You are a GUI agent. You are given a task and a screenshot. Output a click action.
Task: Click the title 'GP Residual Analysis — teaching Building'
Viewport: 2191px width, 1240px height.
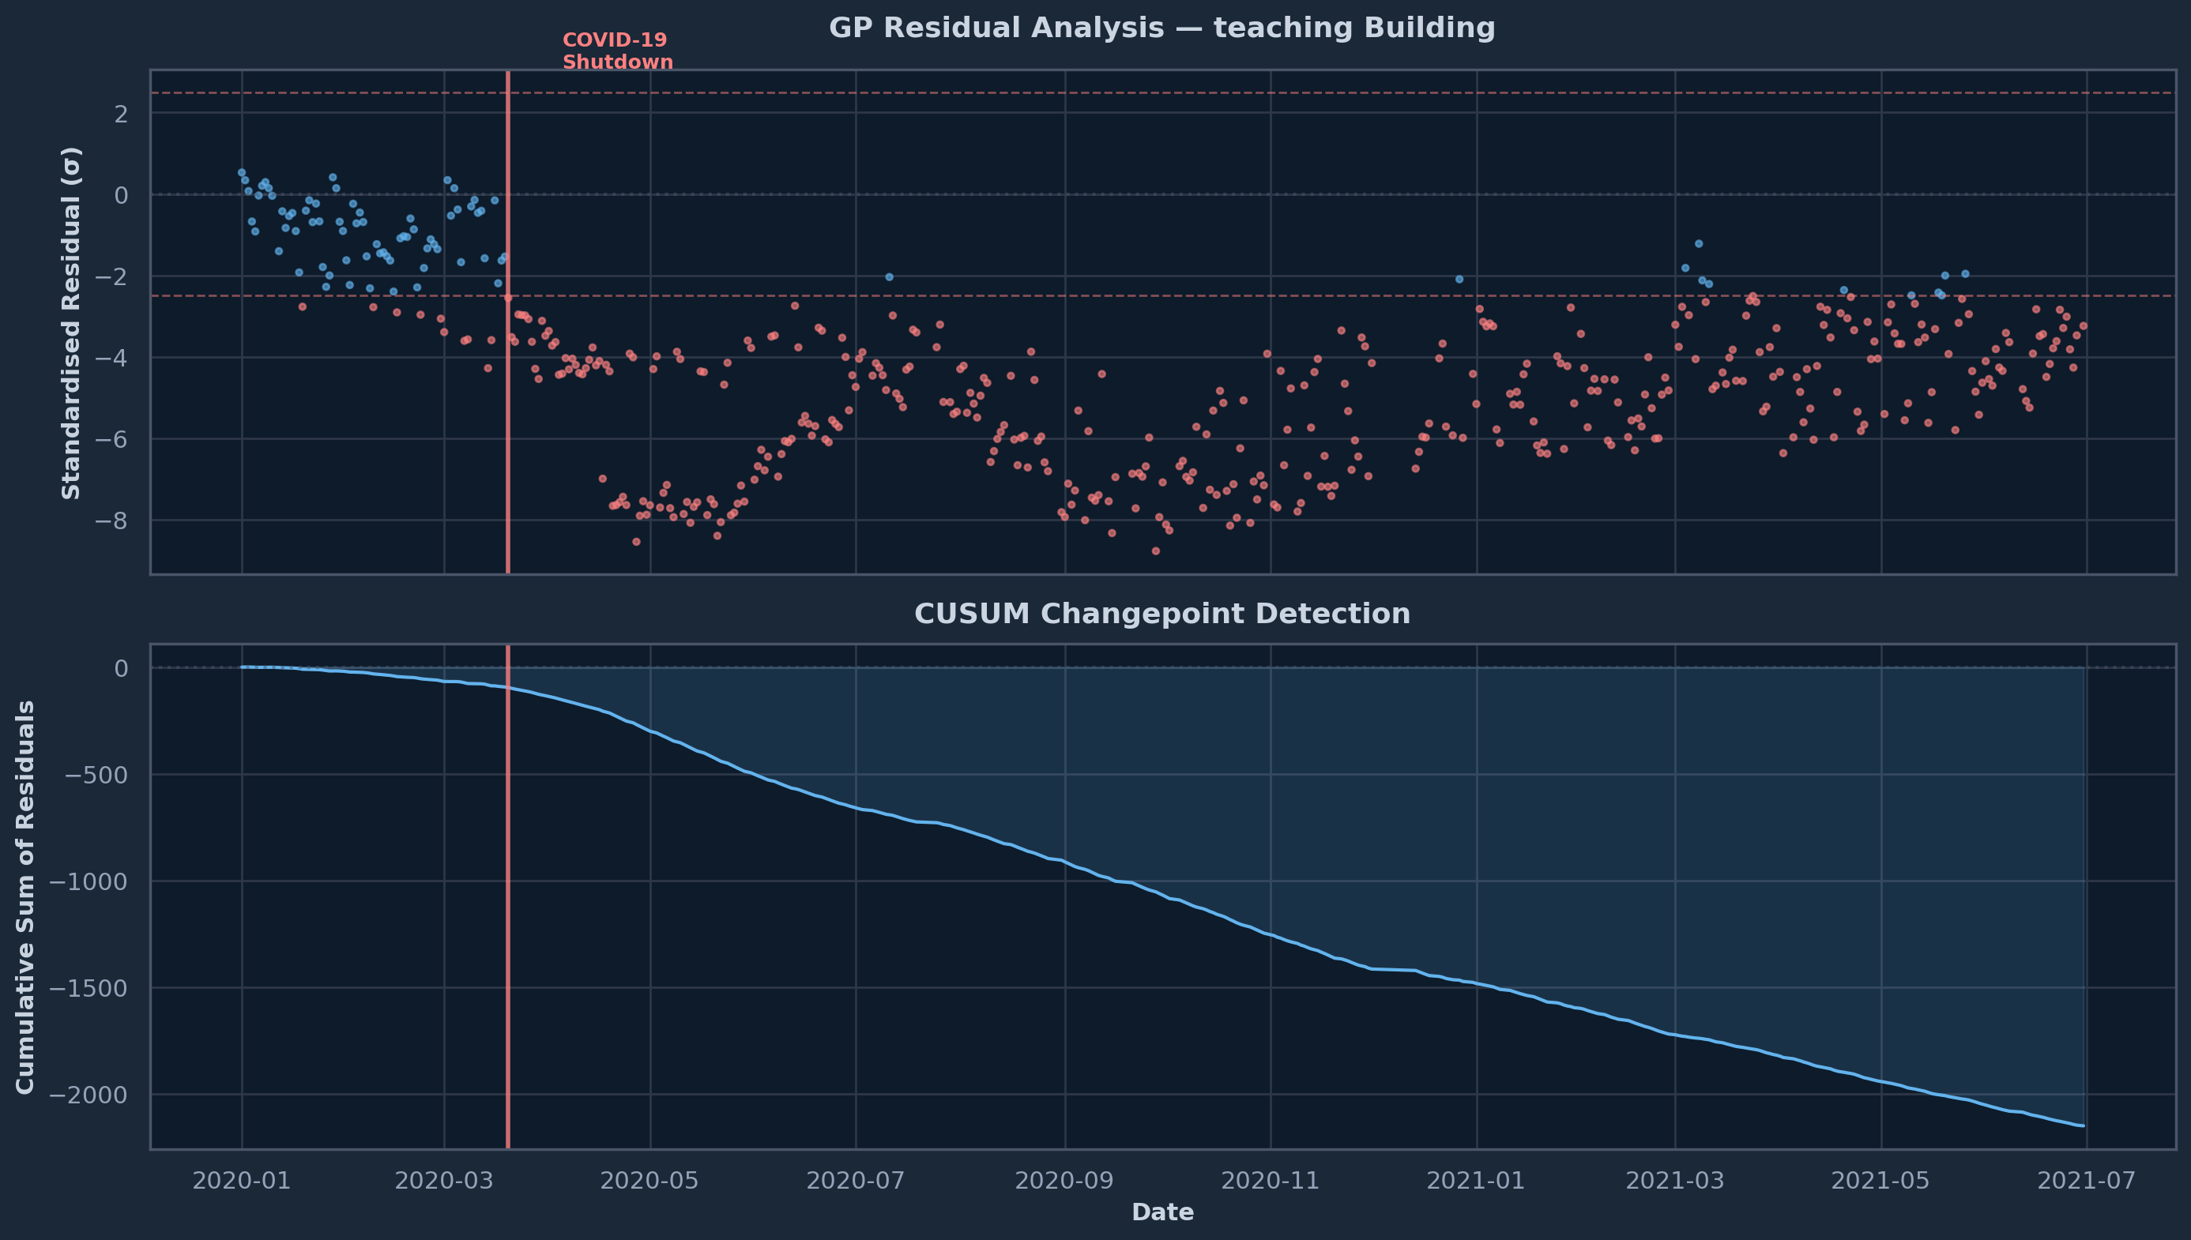(x=1162, y=28)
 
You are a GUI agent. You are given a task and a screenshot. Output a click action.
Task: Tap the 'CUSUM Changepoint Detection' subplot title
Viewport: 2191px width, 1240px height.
(x=1162, y=614)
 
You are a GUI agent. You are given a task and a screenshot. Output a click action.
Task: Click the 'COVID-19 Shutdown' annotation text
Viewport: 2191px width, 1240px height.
(x=618, y=51)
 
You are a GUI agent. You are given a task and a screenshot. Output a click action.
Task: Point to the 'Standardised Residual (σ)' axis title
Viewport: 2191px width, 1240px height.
(x=73, y=323)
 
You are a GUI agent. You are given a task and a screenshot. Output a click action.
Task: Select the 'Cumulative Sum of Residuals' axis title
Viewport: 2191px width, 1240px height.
(x=25, y=896)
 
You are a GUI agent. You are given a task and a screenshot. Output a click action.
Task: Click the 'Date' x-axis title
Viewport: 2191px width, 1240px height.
(x=1162, y=1212)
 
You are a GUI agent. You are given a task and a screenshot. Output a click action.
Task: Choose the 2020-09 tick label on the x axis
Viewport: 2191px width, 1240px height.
(x=1064, y=1181)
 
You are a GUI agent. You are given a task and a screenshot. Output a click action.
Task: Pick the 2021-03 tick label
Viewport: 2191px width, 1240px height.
(x=1675, y=1181)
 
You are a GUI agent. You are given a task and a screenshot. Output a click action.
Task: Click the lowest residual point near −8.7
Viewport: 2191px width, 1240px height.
(x=1155, y=551)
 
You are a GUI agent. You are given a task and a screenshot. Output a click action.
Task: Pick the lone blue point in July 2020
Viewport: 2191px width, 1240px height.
(x=889, y=276)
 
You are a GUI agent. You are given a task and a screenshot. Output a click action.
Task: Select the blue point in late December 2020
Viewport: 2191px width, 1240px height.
(x=1459, y=279)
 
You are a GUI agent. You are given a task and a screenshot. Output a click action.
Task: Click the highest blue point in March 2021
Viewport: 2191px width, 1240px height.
(x=1698, y=243)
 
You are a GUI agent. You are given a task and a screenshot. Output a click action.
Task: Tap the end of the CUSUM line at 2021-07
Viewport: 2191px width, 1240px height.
(x=2083, y=1126)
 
